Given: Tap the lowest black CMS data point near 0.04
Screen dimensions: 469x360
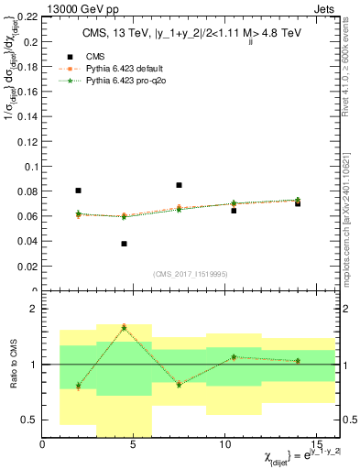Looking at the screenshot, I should pos(124,244).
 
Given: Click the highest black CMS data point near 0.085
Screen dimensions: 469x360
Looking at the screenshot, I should pos(179,185).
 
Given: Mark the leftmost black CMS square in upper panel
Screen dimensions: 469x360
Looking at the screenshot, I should pos(78,191).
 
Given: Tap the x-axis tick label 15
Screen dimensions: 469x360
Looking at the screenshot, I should pos(316,445).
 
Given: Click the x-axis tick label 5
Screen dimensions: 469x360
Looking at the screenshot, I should pos(134,445).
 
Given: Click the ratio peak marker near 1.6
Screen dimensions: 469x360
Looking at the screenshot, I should pos(124,327).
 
